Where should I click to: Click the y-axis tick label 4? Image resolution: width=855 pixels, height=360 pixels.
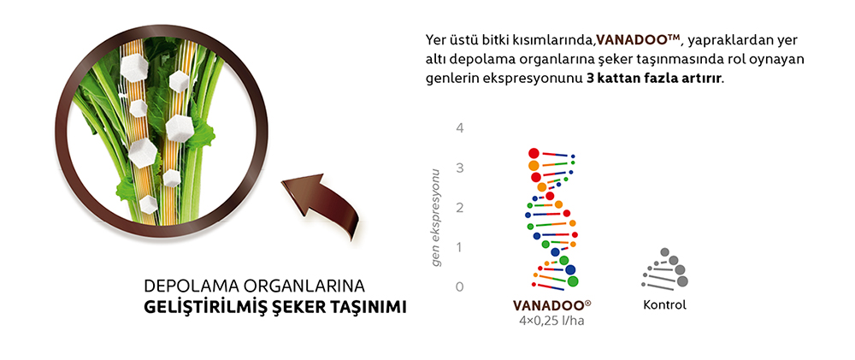[x=459, y=128]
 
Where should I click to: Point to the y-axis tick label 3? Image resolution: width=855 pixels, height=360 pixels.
[x=459, y=168]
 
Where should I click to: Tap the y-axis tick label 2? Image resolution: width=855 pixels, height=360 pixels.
[x=459, y=208]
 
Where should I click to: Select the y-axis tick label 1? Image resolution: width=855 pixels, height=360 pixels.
[x=459, y=247]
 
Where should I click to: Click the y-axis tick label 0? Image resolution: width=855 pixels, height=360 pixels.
[x=459, y=286]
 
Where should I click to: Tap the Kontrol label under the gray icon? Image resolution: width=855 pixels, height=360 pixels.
[x=664, y=305]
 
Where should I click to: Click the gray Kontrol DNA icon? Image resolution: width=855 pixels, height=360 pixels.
[x=666, y=269]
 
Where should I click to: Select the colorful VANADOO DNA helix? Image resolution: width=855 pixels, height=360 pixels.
[x=552, y=217]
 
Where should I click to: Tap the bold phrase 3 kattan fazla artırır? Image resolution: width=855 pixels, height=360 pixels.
[x=655, y=78]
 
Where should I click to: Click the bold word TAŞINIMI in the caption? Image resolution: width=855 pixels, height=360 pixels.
[x=367, y=306]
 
